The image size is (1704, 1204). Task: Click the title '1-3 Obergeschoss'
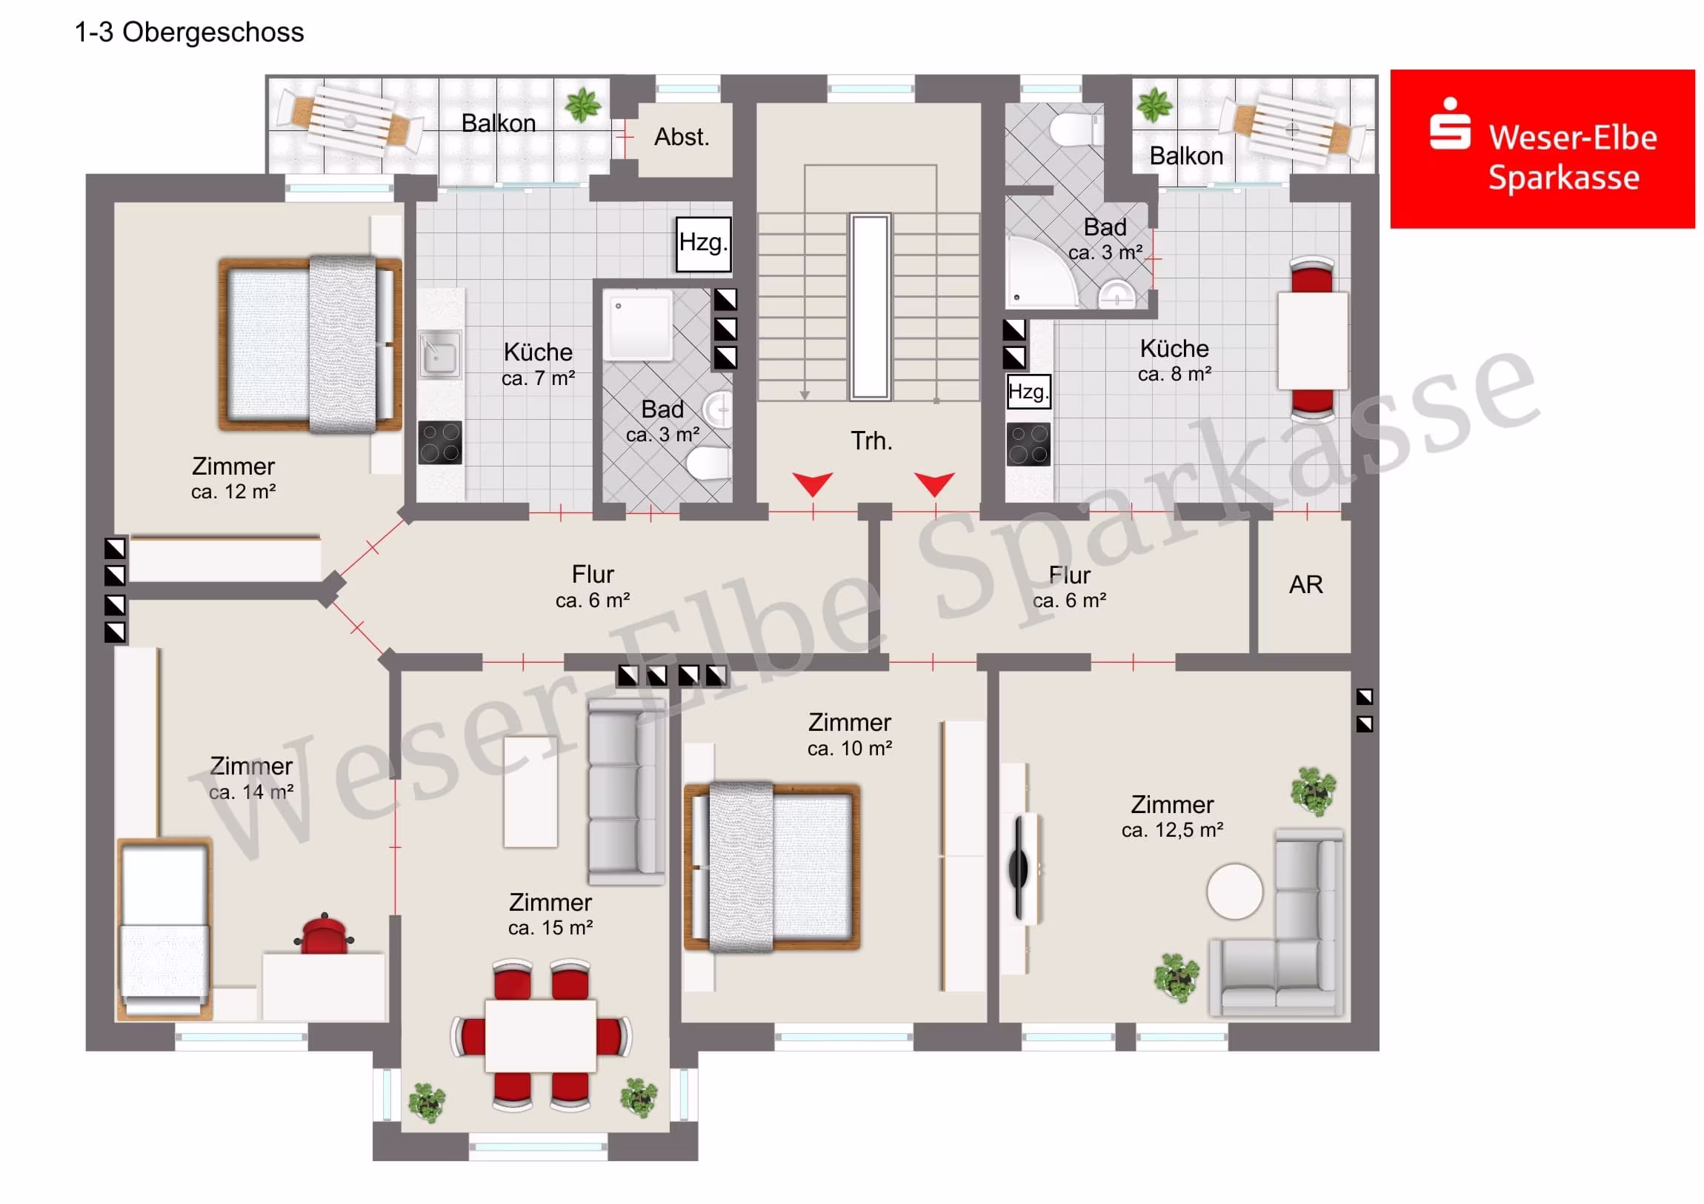point(189,33)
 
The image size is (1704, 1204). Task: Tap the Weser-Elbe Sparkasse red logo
point(1542,149)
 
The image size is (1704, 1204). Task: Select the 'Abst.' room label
point(682,137)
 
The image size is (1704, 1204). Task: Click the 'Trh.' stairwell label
point(871,441)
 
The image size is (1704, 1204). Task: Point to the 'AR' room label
point(1305,584)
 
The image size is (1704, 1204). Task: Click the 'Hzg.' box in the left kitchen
point(703,244)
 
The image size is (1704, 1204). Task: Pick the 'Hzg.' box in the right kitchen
point(1028,392)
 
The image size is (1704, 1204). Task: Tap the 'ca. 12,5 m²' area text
point(1172,830)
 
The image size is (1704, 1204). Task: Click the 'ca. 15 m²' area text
point(550,927)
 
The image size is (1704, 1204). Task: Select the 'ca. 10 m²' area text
point(850,749)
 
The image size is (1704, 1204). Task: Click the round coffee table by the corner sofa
point(1234,892)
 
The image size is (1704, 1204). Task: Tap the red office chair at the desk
point(325,932)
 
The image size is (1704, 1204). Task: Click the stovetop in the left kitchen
point(440,443)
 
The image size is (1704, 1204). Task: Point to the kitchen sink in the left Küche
point(439,355)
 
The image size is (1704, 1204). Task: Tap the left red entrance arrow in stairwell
point(812,484)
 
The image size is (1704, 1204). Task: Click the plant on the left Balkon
point(583,104)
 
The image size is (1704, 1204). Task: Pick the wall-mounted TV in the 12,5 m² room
point(1019,867)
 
